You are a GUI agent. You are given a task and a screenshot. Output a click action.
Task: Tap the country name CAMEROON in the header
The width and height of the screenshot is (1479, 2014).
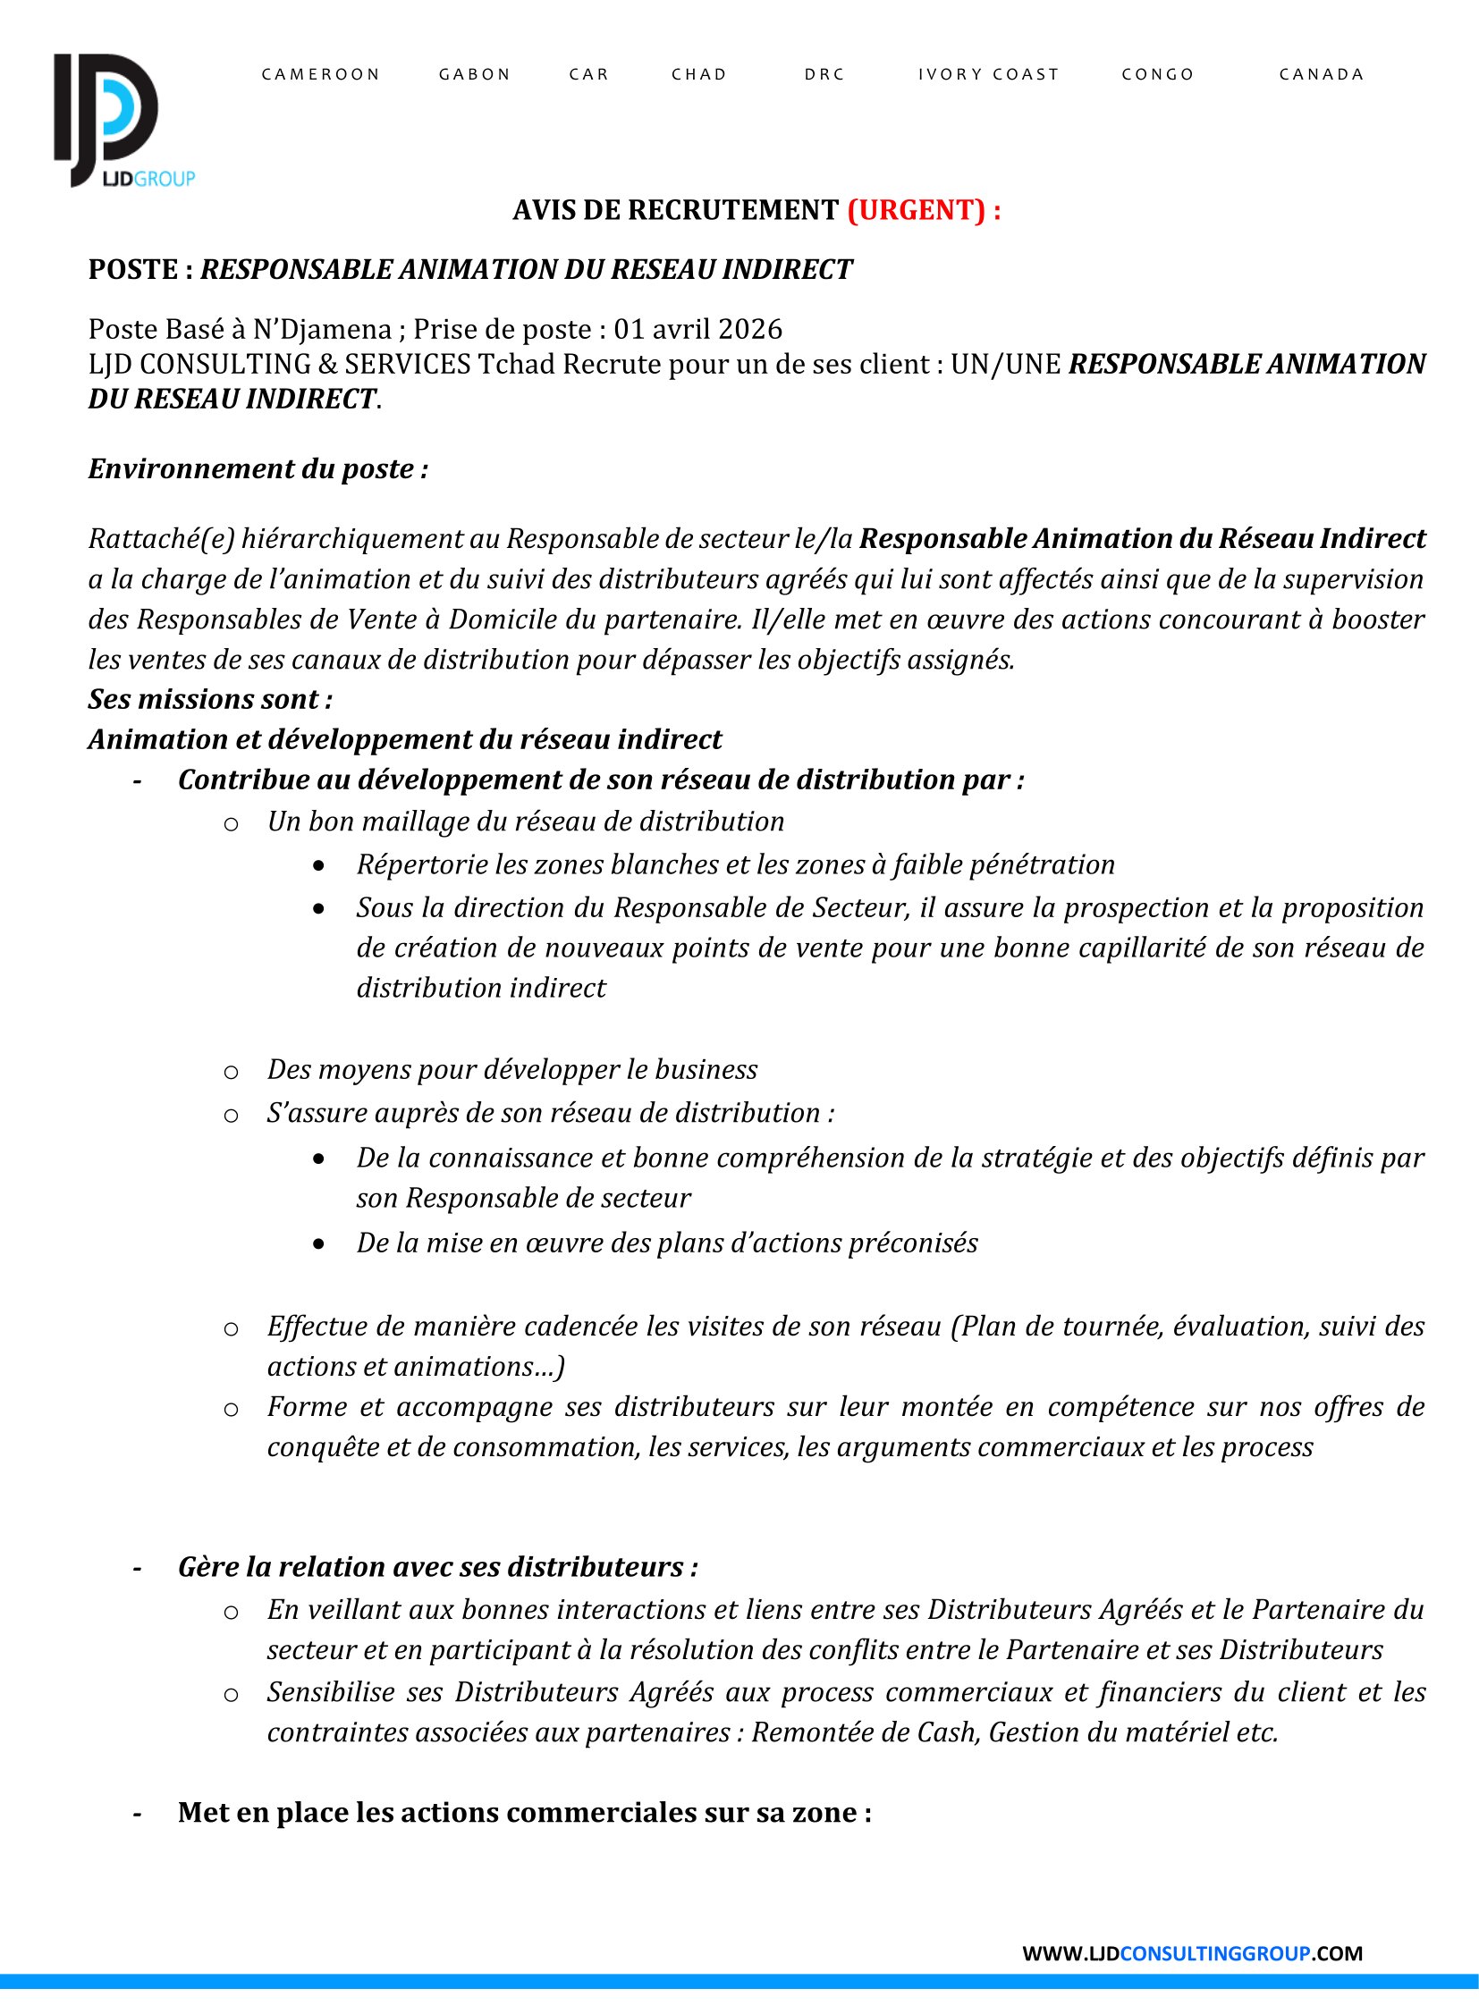coord(320,74)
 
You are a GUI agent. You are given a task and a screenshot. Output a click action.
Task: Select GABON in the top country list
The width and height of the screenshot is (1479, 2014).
coord(475,74)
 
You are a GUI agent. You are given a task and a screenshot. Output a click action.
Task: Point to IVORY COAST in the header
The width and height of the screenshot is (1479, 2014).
coord(988,74)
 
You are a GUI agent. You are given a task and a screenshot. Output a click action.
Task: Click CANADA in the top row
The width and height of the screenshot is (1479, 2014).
coord(1322,74)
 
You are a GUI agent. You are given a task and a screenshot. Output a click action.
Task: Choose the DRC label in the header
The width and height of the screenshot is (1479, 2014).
coord(824,74)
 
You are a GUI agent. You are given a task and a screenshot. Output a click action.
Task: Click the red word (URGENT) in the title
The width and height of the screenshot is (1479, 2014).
coord(916,210)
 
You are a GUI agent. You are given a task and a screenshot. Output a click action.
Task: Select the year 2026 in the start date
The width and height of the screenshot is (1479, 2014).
coord(750,329)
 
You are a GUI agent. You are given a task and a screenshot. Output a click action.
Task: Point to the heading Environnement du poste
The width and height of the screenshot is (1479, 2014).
coord(258,469)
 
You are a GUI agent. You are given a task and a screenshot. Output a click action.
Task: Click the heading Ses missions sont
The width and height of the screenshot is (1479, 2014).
coord(210,699)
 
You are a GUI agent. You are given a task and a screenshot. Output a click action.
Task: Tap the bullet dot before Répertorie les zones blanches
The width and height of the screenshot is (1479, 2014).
coord(318,865)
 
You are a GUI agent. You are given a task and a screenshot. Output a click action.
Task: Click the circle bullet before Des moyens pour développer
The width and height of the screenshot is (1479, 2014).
coord(231,1072)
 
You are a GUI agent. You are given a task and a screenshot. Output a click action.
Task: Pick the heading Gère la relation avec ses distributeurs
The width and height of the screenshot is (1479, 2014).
coord(437,1567)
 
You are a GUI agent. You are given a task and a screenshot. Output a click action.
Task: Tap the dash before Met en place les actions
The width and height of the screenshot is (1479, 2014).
coord(137,1813)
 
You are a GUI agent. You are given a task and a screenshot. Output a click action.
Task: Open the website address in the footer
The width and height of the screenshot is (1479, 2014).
coord(1192,1953)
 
